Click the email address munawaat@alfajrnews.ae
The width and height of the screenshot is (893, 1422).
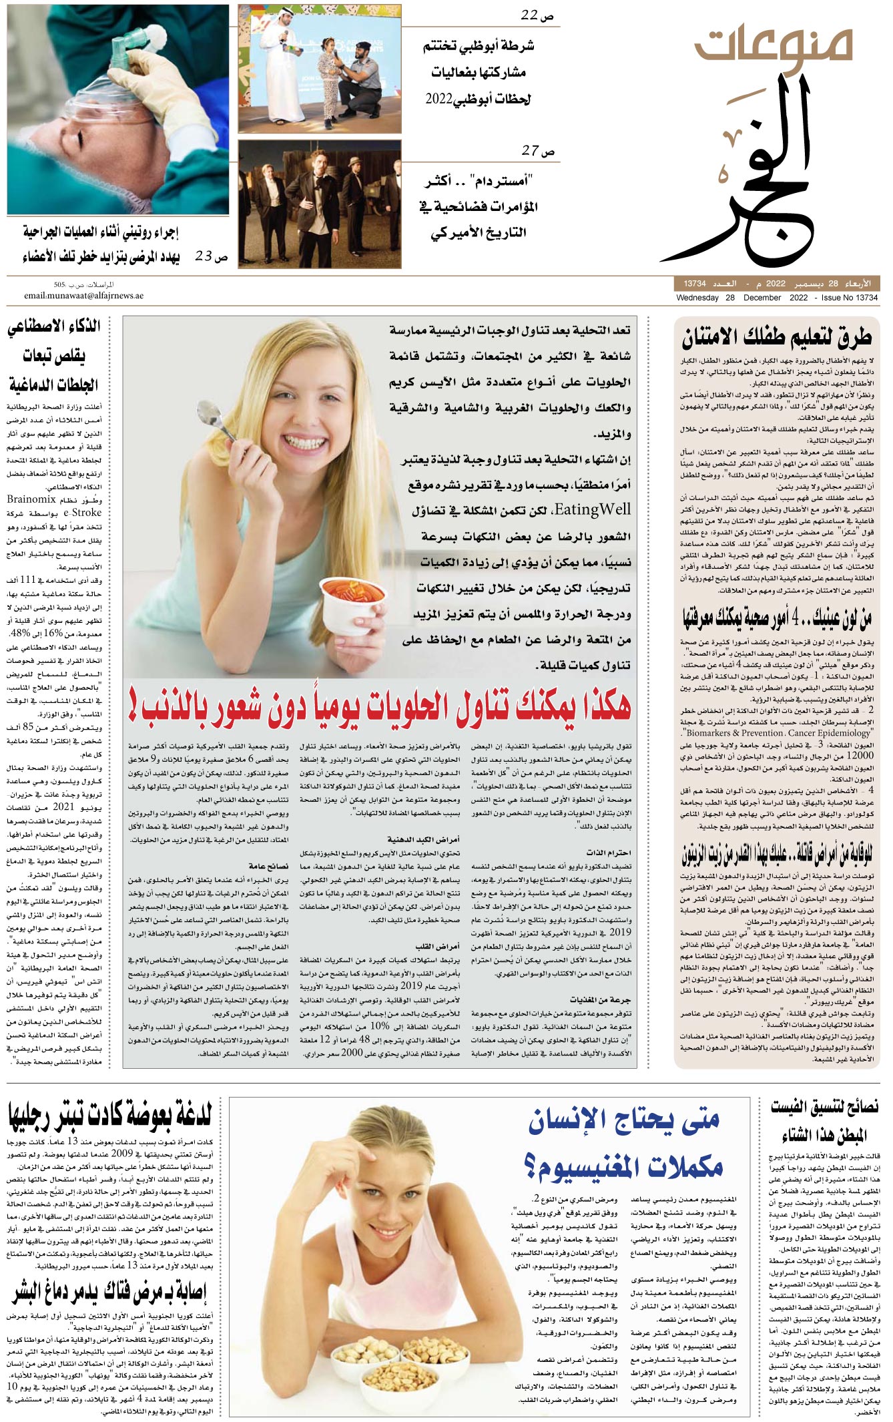[x=83, y=296]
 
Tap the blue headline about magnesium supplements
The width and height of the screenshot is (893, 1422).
[x=624, y=1142]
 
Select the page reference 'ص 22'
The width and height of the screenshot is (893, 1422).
[x=538, y=15]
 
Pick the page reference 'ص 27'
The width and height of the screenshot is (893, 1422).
[x=538, y=151]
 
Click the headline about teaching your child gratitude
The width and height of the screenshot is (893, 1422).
[x=777, y=337]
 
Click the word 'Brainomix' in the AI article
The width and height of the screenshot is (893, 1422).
[x=31, y=499]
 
